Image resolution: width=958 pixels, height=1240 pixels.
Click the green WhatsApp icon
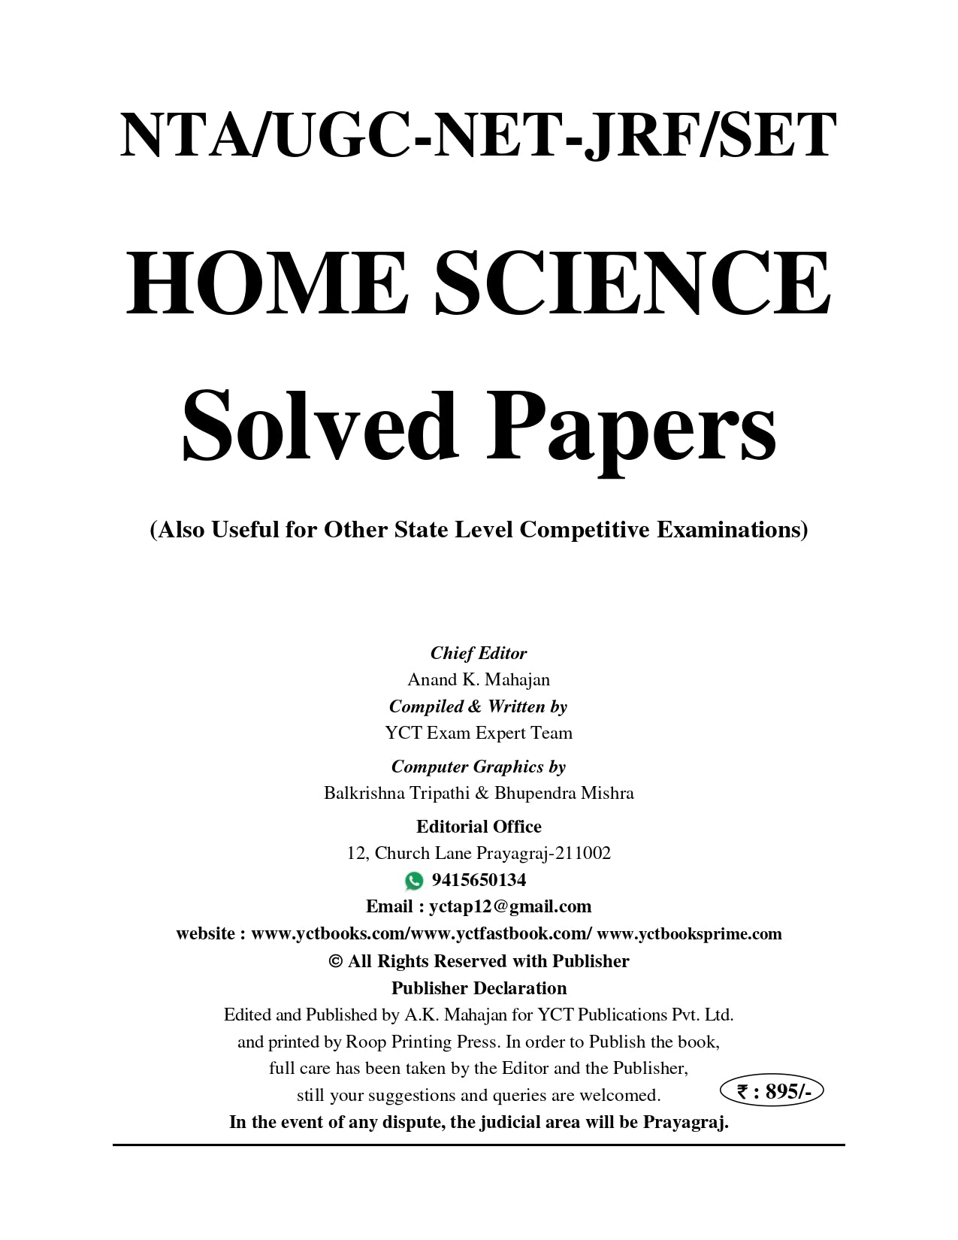(x=414, y=880)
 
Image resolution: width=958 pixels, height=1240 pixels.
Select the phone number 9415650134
(x=479, y=880)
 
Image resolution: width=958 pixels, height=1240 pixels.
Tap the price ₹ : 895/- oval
(x=771, y=1091)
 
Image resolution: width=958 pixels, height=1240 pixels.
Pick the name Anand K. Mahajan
(x=479, y=679)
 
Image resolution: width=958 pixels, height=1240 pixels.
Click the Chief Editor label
(x=479, y=653)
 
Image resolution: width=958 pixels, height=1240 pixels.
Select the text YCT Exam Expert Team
(x=479, y=733)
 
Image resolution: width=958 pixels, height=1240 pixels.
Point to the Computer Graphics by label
(x=479, y=767)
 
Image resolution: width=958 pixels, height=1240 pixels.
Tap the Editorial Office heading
(x=479, y=827)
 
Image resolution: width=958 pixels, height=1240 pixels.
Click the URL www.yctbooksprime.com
(x=689, y=933)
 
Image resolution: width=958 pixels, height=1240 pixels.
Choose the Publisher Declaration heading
(x=479, y=987)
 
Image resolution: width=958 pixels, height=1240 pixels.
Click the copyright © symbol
(x=336, y=961)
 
